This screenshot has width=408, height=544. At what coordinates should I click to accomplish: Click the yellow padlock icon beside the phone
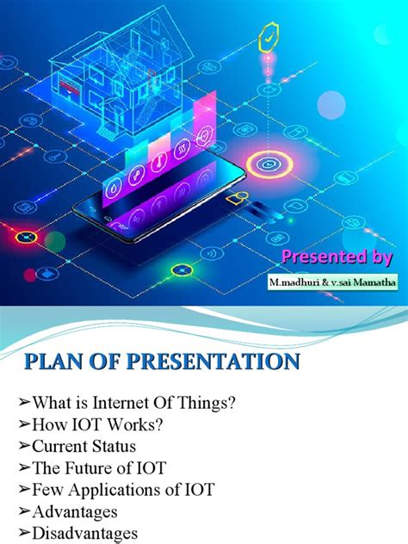coord(232,201)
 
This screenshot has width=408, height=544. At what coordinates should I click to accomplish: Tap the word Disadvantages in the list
coord(84,534)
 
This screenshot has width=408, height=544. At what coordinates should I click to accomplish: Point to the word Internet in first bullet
coord(122,403)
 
